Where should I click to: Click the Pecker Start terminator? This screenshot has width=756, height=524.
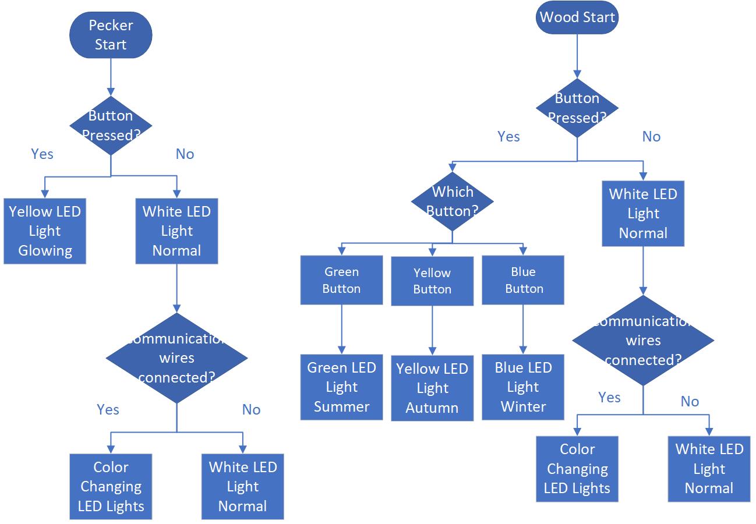point(111,35)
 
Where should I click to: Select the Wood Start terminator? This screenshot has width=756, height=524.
point(577,17)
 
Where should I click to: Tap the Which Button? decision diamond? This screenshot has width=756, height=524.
point(452,201)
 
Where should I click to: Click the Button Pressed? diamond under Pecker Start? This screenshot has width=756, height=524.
point(111,126)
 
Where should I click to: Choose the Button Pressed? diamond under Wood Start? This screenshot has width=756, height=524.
point(577,108)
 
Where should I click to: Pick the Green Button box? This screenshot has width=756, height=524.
point(341,280)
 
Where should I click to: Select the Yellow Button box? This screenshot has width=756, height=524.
point(432,281)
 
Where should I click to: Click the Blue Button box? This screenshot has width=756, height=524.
point(523,280)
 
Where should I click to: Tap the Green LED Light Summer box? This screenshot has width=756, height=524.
point(341,387)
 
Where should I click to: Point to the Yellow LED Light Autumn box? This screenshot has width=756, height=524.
point(432,388)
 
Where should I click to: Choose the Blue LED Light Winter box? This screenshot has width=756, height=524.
point(523,387)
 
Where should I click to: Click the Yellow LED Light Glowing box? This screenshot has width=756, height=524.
point(45,231)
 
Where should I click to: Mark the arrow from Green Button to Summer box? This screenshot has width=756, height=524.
point(341,329)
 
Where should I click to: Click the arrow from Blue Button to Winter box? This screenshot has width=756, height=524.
point(523,329)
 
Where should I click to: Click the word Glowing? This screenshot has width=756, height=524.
point(45,251)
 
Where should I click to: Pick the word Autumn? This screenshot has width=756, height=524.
point(432,408)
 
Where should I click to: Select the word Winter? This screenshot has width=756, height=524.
point(523,406)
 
